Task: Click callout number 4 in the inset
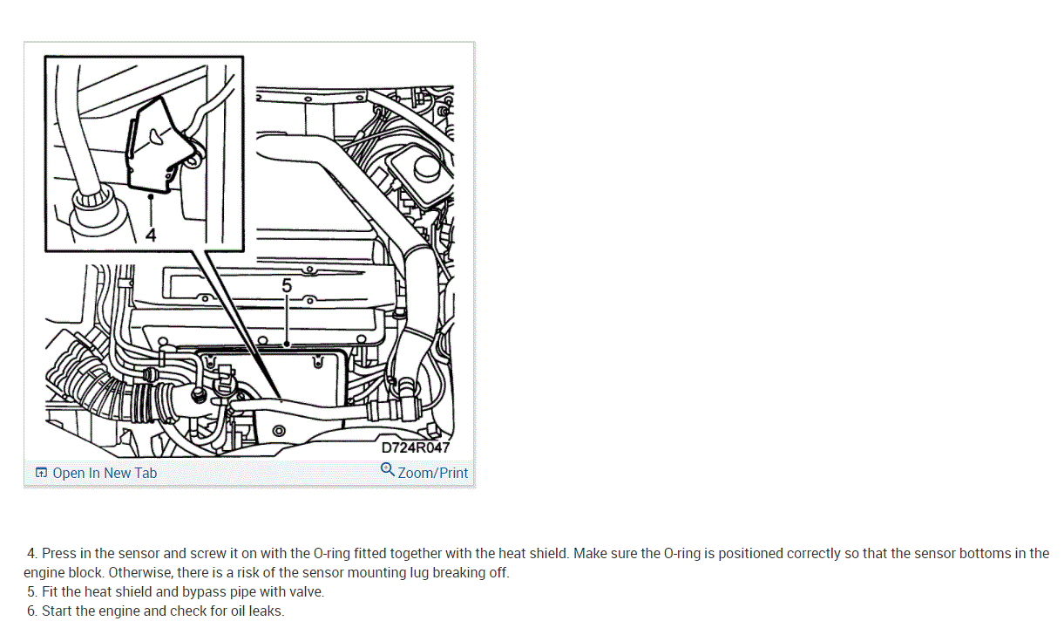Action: pyautogui.click(x=151, y=235)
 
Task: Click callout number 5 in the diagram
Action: pyautogui.click(x=287, y=285)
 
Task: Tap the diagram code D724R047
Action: pyautogui.click(x=416, y=447)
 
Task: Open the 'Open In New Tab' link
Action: pyautogui.click(x=105, y=473)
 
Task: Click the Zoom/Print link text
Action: pyautogui.click(x=433, y=473)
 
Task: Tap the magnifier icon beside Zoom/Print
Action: pyautogui.click(x=388, y=470)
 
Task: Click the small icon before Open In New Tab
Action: pyautogui.click(x=41, y=473)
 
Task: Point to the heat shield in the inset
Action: pyautogui.click(x=155, y=144)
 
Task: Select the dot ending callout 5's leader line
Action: pyautogui.click(x=287, y=345)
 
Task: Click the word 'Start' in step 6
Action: pyautogui.click(x=58, y=611)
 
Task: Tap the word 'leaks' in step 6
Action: pyautogui.click(x=265, y=611)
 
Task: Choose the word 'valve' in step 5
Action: pyautogui.click(x=304, y=591)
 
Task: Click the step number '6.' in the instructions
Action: pyautogui.click(x=32, y=611)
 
